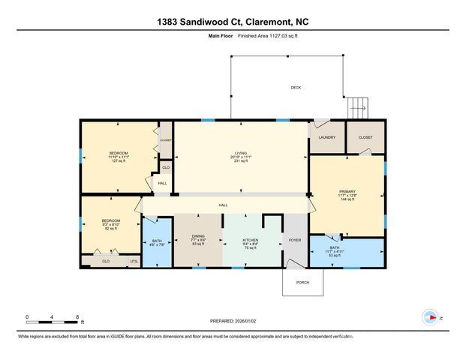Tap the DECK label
(296, 88)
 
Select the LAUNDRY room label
(326, 137)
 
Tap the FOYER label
(295, 241)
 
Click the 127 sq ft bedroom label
(119, 157)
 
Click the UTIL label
(134, 261)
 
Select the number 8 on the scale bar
(77, 317)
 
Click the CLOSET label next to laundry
(365, 137)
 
